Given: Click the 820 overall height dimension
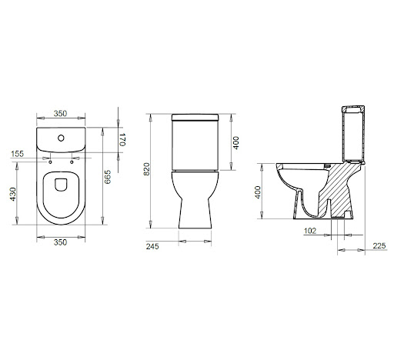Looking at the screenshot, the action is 146,168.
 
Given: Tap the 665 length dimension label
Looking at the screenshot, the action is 108,177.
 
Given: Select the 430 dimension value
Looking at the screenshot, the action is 13,194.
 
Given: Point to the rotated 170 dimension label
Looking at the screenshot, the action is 122,139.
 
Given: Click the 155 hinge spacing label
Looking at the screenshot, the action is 18,154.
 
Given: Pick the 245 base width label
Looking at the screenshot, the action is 152,246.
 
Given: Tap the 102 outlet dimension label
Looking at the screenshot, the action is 310,231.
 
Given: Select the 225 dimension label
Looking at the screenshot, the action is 379,246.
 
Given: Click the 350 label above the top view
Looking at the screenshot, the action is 60,113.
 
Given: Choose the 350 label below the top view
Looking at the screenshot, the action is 60,242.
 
